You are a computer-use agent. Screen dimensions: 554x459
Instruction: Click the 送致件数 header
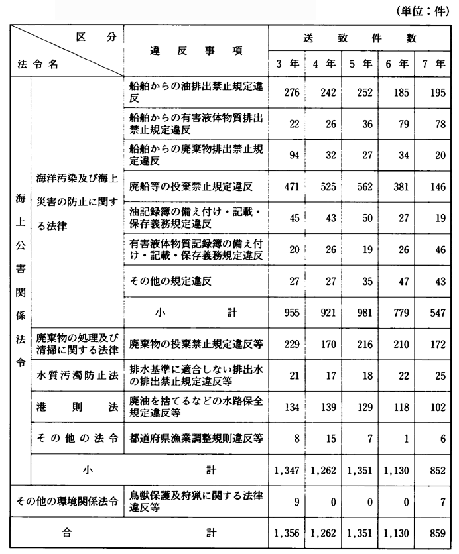click(x=362, y=39)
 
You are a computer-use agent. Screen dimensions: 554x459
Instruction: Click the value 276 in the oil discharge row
click(x=288, y=92)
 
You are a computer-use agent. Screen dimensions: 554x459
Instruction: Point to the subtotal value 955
click(x=288, y=313)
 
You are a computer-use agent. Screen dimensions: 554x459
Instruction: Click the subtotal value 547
click(x=436, y=313)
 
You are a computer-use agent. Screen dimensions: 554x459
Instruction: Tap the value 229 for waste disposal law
click(x=288, y=345)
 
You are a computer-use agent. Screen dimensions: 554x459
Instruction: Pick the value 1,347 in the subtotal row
click(x=288, y=471)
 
